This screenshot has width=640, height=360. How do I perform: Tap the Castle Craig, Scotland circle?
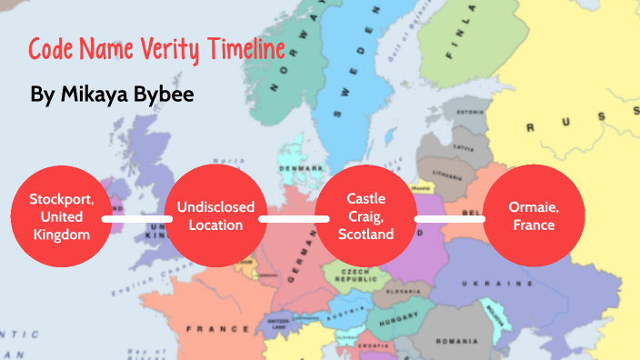(x=365, y=216)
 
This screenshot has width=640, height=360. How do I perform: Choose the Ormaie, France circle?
(x=534, y=216)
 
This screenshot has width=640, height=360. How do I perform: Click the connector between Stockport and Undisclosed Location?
(x=136, y=218)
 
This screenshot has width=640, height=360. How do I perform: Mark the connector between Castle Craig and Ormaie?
(x=448, y=218)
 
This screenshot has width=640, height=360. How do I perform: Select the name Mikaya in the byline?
(x=107, y=94)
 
